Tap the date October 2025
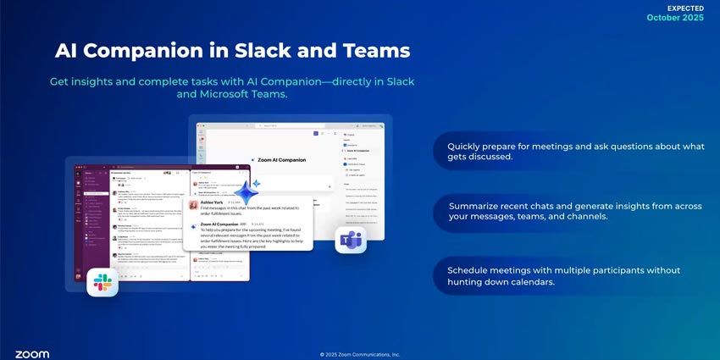tap(675, 18)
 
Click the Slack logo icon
tap(102, 282)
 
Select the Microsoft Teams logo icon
tap(350, 240)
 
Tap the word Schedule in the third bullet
tap(472, 270)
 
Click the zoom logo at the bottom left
tap(32, 354)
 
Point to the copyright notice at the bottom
tap(360, 355)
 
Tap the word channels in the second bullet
tap(584, 218)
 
